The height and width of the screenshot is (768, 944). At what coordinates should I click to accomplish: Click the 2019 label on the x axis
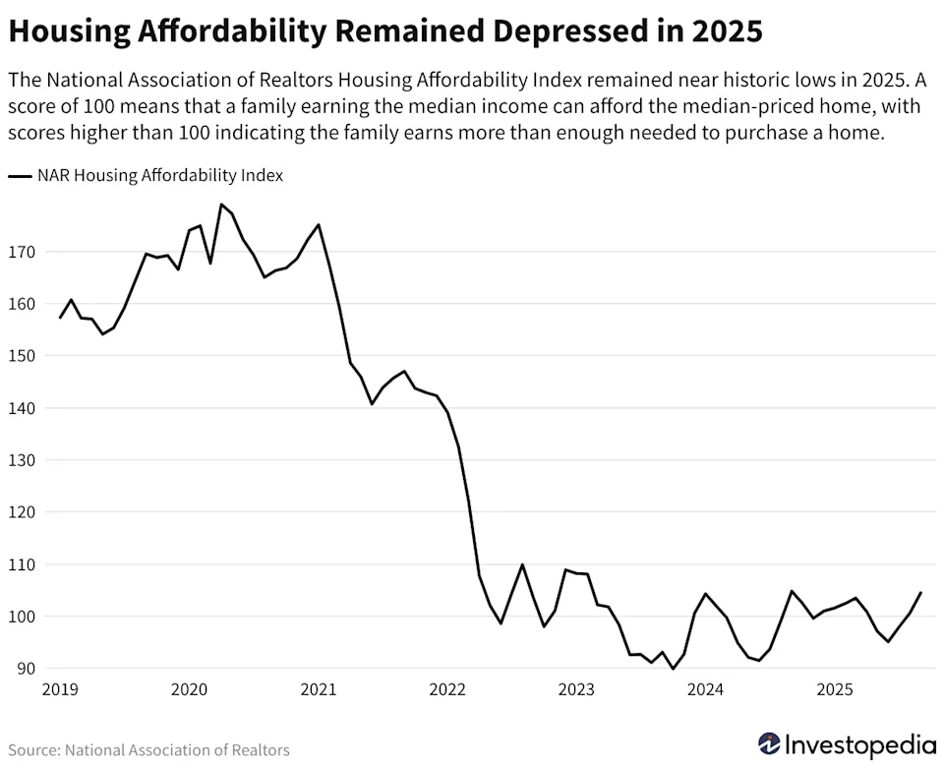click(x=60, y=690)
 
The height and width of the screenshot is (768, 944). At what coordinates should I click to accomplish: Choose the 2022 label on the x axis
click(x=447, y=690)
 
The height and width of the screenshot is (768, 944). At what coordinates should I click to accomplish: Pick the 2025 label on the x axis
click(x=835, y=690)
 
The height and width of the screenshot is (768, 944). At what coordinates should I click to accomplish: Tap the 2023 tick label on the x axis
click(x=576, y=690)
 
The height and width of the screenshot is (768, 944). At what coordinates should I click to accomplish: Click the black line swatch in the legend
click(x=20, y=177)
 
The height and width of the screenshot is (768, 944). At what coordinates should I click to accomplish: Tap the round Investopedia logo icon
click(x=770, y=743)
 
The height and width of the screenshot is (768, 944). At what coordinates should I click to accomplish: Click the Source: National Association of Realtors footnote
click(x=148, y=750)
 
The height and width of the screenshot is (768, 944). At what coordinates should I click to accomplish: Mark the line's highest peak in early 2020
click(x=221, y=205)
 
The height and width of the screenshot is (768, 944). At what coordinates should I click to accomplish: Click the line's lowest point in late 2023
click(x=674, y=669)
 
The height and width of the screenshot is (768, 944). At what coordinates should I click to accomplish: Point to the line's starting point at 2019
click(x=60, y=318)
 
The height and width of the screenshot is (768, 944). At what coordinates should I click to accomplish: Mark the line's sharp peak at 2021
click(x=319, y=224)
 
